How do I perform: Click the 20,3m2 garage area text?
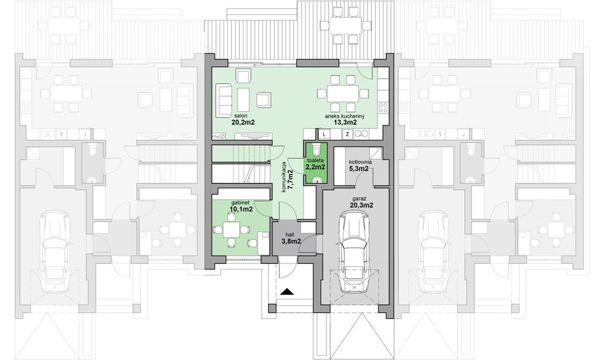point(361,205)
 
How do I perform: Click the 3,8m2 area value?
point(291,242)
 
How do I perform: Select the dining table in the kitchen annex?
point(342,93)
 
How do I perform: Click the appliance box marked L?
point(323,135)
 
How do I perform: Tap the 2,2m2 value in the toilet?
point(315,167)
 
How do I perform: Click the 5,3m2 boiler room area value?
point(360,170)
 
